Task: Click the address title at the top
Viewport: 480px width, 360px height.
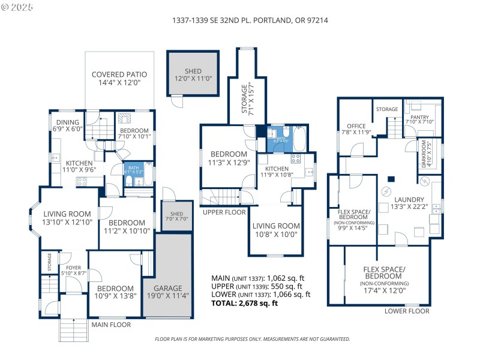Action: click(250, 20)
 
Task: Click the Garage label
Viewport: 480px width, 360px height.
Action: click(167, 292)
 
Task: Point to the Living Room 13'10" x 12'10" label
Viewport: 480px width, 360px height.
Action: click(67, 218)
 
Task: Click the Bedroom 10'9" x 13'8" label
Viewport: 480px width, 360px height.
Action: click(115, 292)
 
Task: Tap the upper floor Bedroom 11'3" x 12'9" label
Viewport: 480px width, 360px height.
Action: click(227, 158)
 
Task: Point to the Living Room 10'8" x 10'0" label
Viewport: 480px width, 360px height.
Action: click(275, 230)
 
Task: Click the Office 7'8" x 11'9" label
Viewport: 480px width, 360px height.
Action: click(356, 129)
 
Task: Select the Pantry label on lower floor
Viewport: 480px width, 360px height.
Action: click(419, 119)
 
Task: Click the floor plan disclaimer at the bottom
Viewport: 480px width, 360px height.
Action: click(252, 339)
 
